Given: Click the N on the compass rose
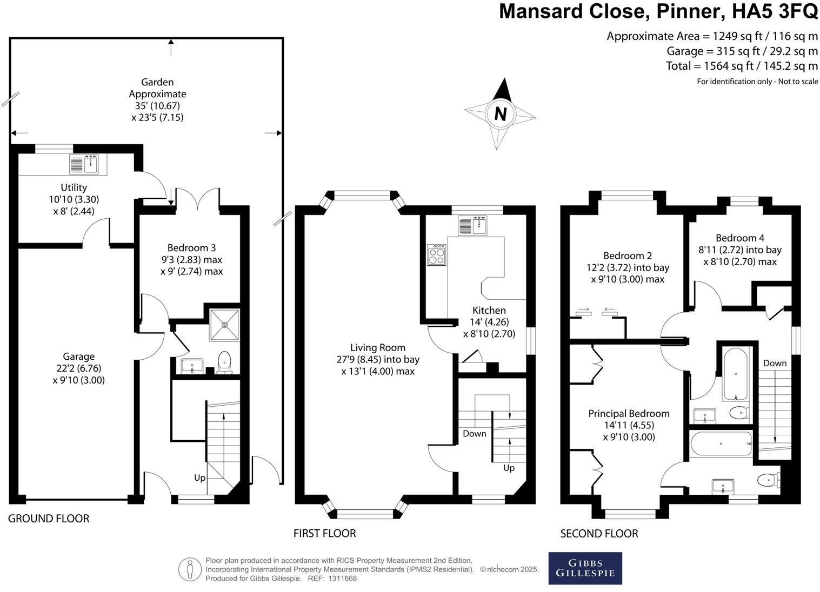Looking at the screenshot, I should (501, 114).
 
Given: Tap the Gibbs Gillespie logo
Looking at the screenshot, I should (585, 568).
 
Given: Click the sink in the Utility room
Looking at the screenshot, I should (85, 164).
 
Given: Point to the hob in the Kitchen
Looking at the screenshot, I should (437, 254).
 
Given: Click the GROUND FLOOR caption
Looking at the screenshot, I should (49, 519).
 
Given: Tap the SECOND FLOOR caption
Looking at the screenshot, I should (599, 534).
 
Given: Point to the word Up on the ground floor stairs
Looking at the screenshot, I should (200, 477).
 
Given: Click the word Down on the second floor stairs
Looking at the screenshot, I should (775, 363).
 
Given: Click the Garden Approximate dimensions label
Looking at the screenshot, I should (157, 99).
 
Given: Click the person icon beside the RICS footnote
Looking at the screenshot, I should (190, 569).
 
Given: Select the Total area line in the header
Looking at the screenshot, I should (742, 66).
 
